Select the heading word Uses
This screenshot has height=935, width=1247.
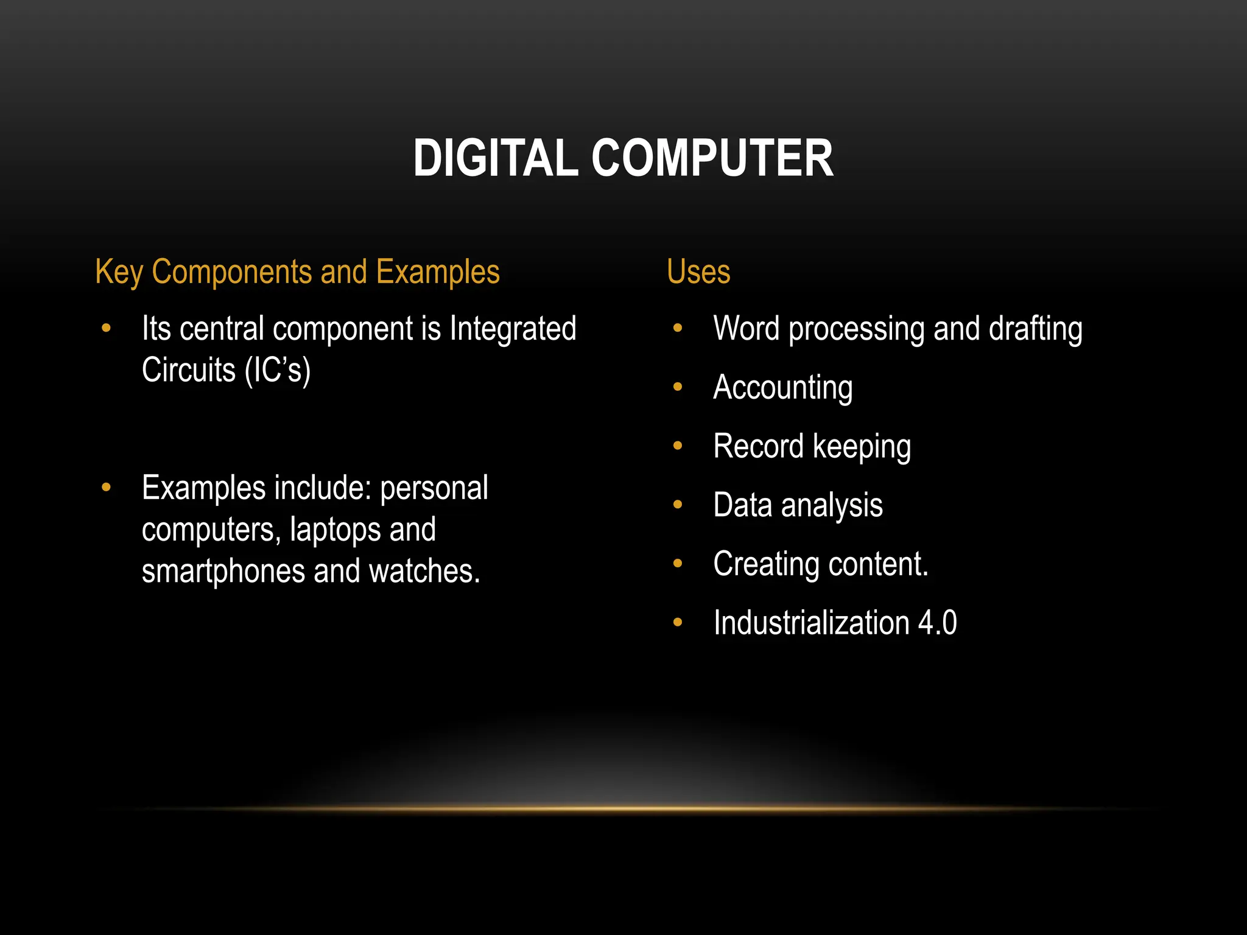point(698,271)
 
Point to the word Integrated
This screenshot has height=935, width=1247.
point(513,329)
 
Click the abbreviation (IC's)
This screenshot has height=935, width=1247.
point(278,370)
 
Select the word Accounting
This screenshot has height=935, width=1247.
point(782,388)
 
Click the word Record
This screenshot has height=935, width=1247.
point(758,446)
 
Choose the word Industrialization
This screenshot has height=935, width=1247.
point(811,623)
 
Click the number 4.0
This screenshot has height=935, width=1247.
point(937,623)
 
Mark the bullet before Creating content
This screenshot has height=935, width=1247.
point(678,564)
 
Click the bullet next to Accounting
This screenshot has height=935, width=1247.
point(678,387)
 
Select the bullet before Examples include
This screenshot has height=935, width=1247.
point(107,487)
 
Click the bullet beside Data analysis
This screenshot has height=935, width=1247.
point(678,505)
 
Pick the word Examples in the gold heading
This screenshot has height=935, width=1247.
point(438,272)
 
